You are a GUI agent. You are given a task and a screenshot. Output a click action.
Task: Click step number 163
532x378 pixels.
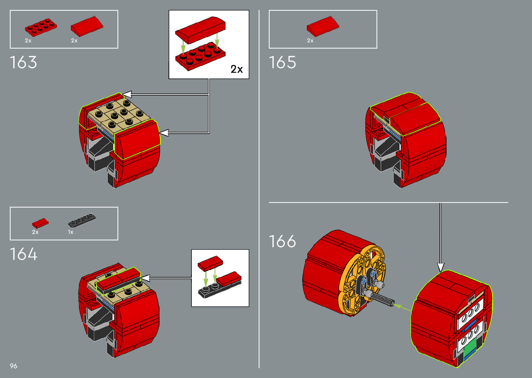pos(23,62)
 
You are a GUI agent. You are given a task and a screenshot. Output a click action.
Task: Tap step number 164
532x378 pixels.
pos(23,254)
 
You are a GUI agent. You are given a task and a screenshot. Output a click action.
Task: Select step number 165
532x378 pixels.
pos(283,62)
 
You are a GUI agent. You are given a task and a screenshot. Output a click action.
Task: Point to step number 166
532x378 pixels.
pos(283,241)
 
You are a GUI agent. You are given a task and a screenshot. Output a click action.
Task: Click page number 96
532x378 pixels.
pos(14,366)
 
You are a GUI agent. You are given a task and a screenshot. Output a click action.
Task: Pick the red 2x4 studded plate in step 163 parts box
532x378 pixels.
pos(41,27)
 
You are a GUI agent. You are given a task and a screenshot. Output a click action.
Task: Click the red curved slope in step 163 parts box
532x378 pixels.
pos(87,26)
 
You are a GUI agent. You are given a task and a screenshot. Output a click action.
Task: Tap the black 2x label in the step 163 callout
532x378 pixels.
pos(237,69)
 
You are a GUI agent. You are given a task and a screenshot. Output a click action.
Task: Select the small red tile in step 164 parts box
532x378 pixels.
pos(40,223)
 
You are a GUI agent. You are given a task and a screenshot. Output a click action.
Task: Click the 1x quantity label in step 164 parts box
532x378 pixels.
pos(71,232)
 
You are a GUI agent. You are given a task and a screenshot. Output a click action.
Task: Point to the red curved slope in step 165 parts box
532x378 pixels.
pos(322,26)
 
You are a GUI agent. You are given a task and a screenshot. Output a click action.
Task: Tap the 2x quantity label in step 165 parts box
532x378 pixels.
pos(310,41)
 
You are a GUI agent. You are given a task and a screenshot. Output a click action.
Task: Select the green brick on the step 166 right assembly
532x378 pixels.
pos(469,347)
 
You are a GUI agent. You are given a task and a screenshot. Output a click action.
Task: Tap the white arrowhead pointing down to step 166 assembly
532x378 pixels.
pos(441,267)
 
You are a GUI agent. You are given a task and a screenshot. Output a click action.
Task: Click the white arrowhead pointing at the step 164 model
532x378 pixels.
pos(145,278)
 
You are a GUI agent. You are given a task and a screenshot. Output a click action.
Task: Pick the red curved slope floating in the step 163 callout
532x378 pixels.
pos(200,29)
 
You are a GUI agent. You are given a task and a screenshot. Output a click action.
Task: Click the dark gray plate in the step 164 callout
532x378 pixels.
pos(212,290)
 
